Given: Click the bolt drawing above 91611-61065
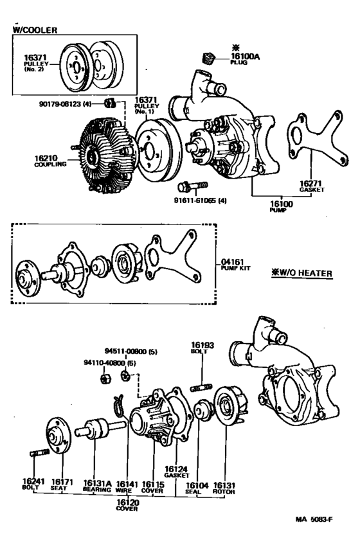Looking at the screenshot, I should click(188, 187).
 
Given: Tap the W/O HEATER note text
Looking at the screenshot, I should click(301, 273).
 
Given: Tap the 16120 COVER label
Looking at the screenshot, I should click(126, 504).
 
